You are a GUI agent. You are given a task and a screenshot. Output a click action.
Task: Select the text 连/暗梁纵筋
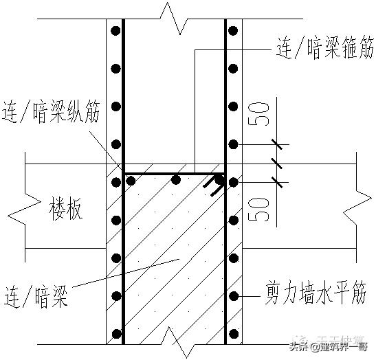52,112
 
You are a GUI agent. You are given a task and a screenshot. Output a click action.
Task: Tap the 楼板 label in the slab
67,209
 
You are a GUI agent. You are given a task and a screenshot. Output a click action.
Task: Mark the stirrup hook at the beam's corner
218,183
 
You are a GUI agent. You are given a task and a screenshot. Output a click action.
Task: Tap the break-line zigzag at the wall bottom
176,343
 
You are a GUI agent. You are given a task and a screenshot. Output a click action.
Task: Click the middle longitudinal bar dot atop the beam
176,180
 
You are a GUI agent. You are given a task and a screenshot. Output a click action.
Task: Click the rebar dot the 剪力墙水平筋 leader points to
234,297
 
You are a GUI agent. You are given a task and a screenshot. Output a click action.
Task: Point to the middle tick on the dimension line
278,163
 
